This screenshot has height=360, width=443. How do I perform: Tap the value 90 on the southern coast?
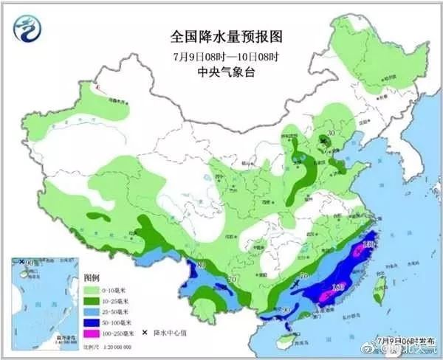pos(286,310)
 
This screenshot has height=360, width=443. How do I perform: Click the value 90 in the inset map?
pos(30,263)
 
